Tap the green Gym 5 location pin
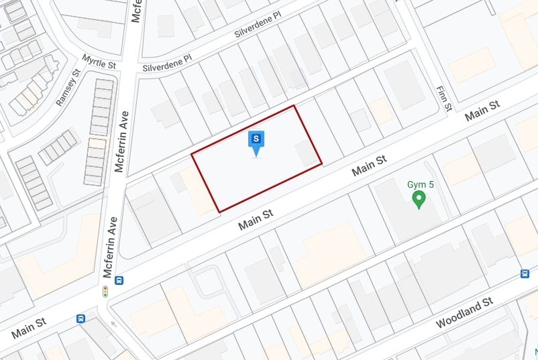click(x=419, y=199)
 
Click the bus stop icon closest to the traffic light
click(x=119, y=280)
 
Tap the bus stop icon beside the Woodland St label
click(x=525, y=273)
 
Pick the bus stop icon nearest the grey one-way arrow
click(x=81, y=318)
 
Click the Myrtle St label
click(x=99, y=61)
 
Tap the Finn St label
click(x=444, y=98)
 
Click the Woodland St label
click(x=464, y=312)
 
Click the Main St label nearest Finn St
click(x=483, y=111)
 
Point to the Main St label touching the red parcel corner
click(x=257, y=219)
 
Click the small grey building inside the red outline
click(x=308, y=153)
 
